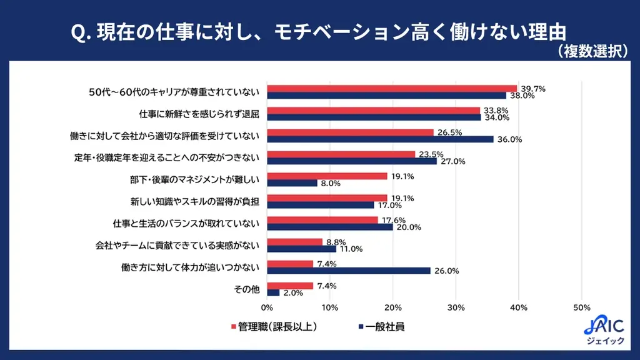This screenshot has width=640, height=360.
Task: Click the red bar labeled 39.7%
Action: tap(392, 89)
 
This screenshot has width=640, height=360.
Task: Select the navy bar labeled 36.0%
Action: tap(380, 139)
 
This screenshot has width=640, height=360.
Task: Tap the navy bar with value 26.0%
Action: tap(349, 271)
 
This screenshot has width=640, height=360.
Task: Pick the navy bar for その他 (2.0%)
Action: tap(273, 292)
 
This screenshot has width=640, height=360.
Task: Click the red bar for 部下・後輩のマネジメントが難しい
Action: tap(327, 176)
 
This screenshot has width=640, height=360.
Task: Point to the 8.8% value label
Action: tap(335, 242)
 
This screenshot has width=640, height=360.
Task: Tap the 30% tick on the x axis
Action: tap(456, 307)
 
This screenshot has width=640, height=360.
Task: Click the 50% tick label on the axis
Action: tap(582, 307)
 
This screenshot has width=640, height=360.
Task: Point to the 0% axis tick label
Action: tap(267, 307)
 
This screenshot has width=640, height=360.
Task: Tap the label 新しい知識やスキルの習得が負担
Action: tap(195, 202)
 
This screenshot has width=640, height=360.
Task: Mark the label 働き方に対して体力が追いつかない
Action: tap(190, 267)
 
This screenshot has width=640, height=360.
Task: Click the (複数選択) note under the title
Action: tap(591, 51)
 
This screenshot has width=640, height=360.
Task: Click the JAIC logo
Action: tap(603, 329)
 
